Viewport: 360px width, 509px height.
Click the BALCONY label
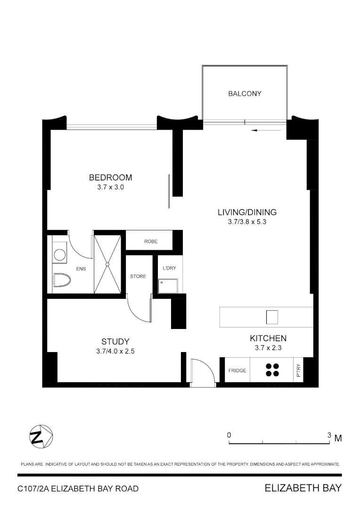coord(245,94)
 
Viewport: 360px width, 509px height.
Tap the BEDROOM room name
coord(110,178)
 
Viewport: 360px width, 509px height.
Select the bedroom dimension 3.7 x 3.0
coord(110,187)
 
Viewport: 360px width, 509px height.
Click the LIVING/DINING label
coord(247,212)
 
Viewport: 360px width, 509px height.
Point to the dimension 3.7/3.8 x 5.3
coord(247,221)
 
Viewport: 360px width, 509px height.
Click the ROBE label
coord(151,241)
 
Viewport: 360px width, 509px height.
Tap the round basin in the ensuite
coord(59,254)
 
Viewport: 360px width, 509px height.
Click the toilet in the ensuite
coord(61,280)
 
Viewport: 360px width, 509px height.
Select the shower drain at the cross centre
coord(108,265)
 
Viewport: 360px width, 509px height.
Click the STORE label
coord(138,276)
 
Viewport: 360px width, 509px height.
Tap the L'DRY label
coord(169,268)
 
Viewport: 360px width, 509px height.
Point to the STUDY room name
coord(115,342)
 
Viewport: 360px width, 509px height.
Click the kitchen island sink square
coord(272,317)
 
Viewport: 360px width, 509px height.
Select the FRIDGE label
coord(237,370)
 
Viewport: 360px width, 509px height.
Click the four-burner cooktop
coord(272,370)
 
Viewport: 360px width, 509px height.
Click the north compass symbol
coord(41,437)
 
